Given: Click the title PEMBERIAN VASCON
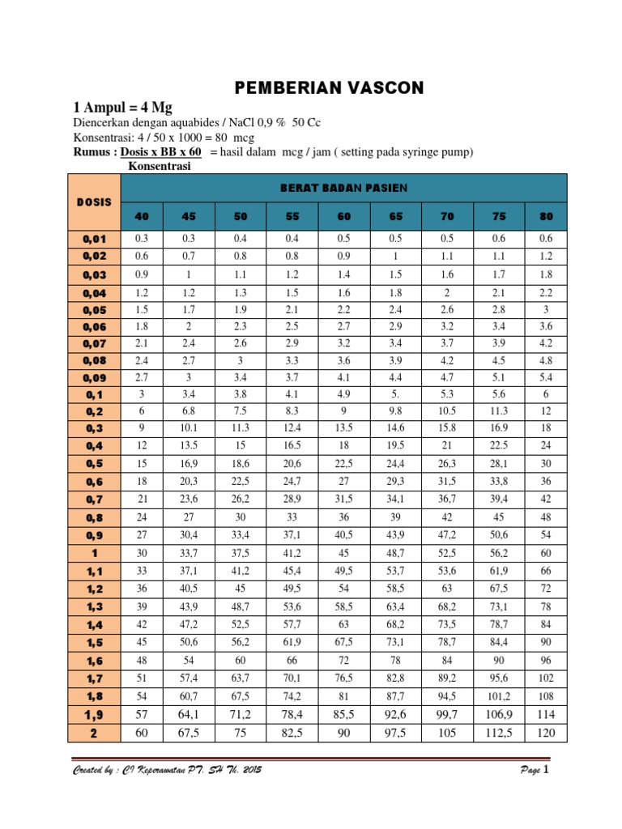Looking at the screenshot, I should pyautogui.click(x=328, y=87).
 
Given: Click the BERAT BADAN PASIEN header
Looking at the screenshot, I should pyautogui.click(x=343, y=188).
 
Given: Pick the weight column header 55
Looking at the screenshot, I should pyautogui.click(x=292, y=216).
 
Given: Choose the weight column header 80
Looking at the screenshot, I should pyautogui.click(x=545, y=216).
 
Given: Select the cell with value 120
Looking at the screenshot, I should pyautogui.click(x=545, y=733).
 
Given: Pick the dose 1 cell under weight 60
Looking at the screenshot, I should pyautogui.click(x=343, y=553).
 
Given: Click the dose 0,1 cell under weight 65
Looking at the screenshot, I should pyautogui.click(x=395, y=394).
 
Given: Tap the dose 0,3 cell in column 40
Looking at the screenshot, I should pyautogui.click(x=142, y=427).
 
